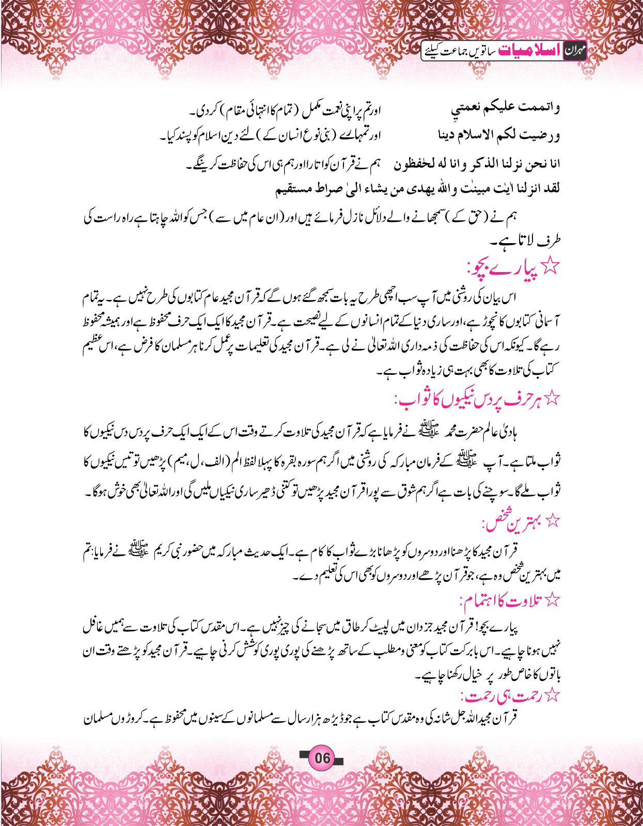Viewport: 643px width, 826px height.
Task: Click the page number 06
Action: (x=322, y=758)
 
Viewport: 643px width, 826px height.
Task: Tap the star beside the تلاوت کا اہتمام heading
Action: (x=553, y=600)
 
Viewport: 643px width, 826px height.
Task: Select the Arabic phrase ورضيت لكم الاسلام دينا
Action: (x=499, y=136)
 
